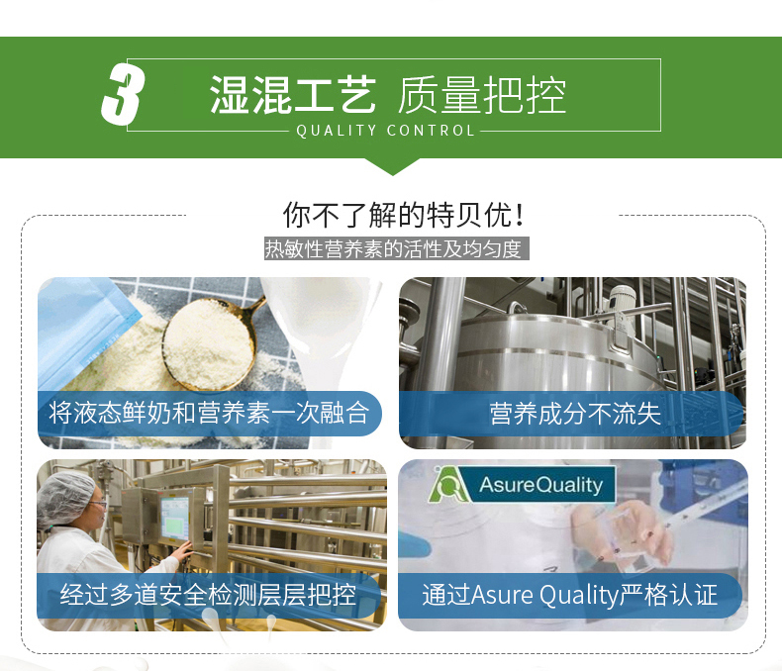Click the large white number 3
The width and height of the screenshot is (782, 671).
pos(122,94)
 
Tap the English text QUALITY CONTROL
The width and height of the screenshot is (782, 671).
pos(385,131)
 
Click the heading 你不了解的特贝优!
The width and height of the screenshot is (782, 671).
pos(403,215)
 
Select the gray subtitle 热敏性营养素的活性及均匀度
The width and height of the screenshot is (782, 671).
pos(396,248)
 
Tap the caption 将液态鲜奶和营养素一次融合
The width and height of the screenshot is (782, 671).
pos(209,414)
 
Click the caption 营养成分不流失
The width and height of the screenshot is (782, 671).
pos(574,414)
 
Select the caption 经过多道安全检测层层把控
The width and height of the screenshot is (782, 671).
pos(208,595)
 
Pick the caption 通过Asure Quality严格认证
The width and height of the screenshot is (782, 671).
pos(569,595)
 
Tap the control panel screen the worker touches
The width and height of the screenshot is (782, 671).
pos(174,518)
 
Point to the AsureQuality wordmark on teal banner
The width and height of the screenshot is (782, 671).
pos(540,485)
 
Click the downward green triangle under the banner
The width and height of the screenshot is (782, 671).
pos(392,166)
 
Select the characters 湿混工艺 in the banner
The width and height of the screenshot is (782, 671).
pos(293,95)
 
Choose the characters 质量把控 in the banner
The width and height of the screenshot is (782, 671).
pos(482,95)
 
